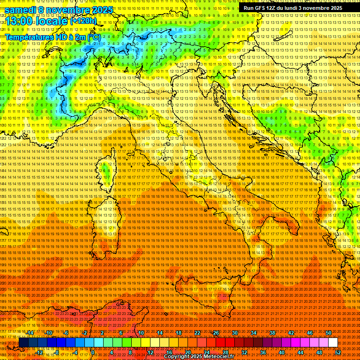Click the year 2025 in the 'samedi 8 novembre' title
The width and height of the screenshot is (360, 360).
(102, 9)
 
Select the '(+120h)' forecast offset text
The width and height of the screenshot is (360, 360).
(83, 21)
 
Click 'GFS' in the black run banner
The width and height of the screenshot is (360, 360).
(261, 8)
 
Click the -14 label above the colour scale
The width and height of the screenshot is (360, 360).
(30, 333)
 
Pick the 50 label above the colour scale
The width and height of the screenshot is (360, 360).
(329, 333)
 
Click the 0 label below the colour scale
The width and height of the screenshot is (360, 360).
(93, 352)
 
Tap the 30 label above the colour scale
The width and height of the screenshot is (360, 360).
(234, 333)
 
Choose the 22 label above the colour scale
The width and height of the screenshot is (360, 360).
(197, 333)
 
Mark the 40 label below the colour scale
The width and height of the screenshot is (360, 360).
(282, 352)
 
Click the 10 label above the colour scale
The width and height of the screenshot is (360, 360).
(141, 333)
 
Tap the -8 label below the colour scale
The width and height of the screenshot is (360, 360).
(56, 352)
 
